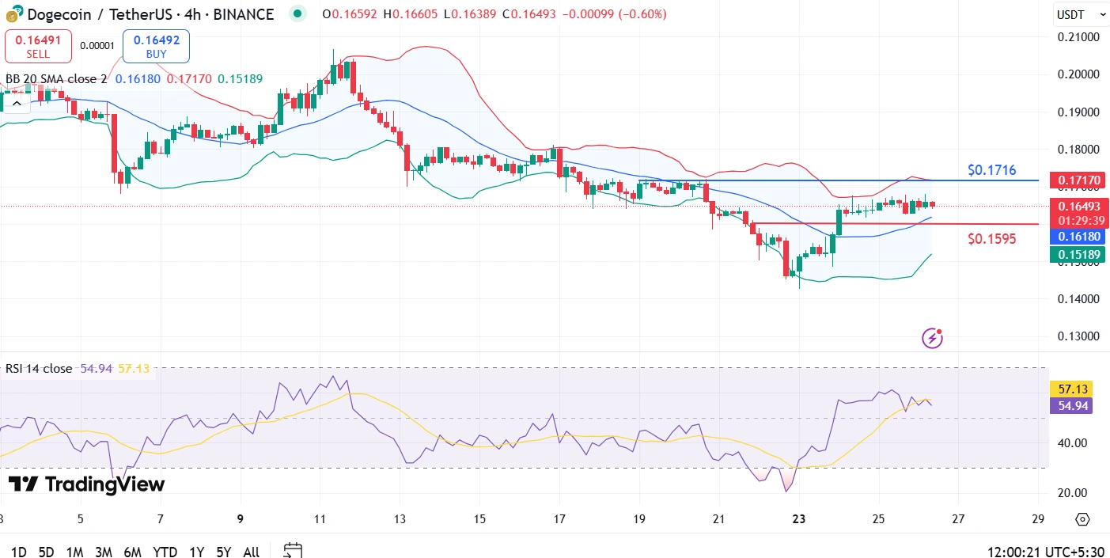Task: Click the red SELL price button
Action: (x=38, y=46)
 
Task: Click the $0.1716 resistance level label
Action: (x=991, y=170)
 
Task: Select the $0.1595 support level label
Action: (x=991, y=237)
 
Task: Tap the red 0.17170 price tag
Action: (x=1077, y=181)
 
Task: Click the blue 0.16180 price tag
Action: (x=1077, y=236)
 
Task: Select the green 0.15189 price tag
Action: (x=1077, y=254)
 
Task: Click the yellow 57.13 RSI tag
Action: (x=1070, y=389)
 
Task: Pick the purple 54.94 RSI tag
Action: (x=1070, y=406)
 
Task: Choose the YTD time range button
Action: (x=165, y=552)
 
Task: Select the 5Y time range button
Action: (x=223, y=552)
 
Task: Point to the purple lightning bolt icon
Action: (x=933, y=339)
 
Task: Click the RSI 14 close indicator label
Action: (x=38, y=368)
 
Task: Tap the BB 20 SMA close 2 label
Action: (x=56, y=79)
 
